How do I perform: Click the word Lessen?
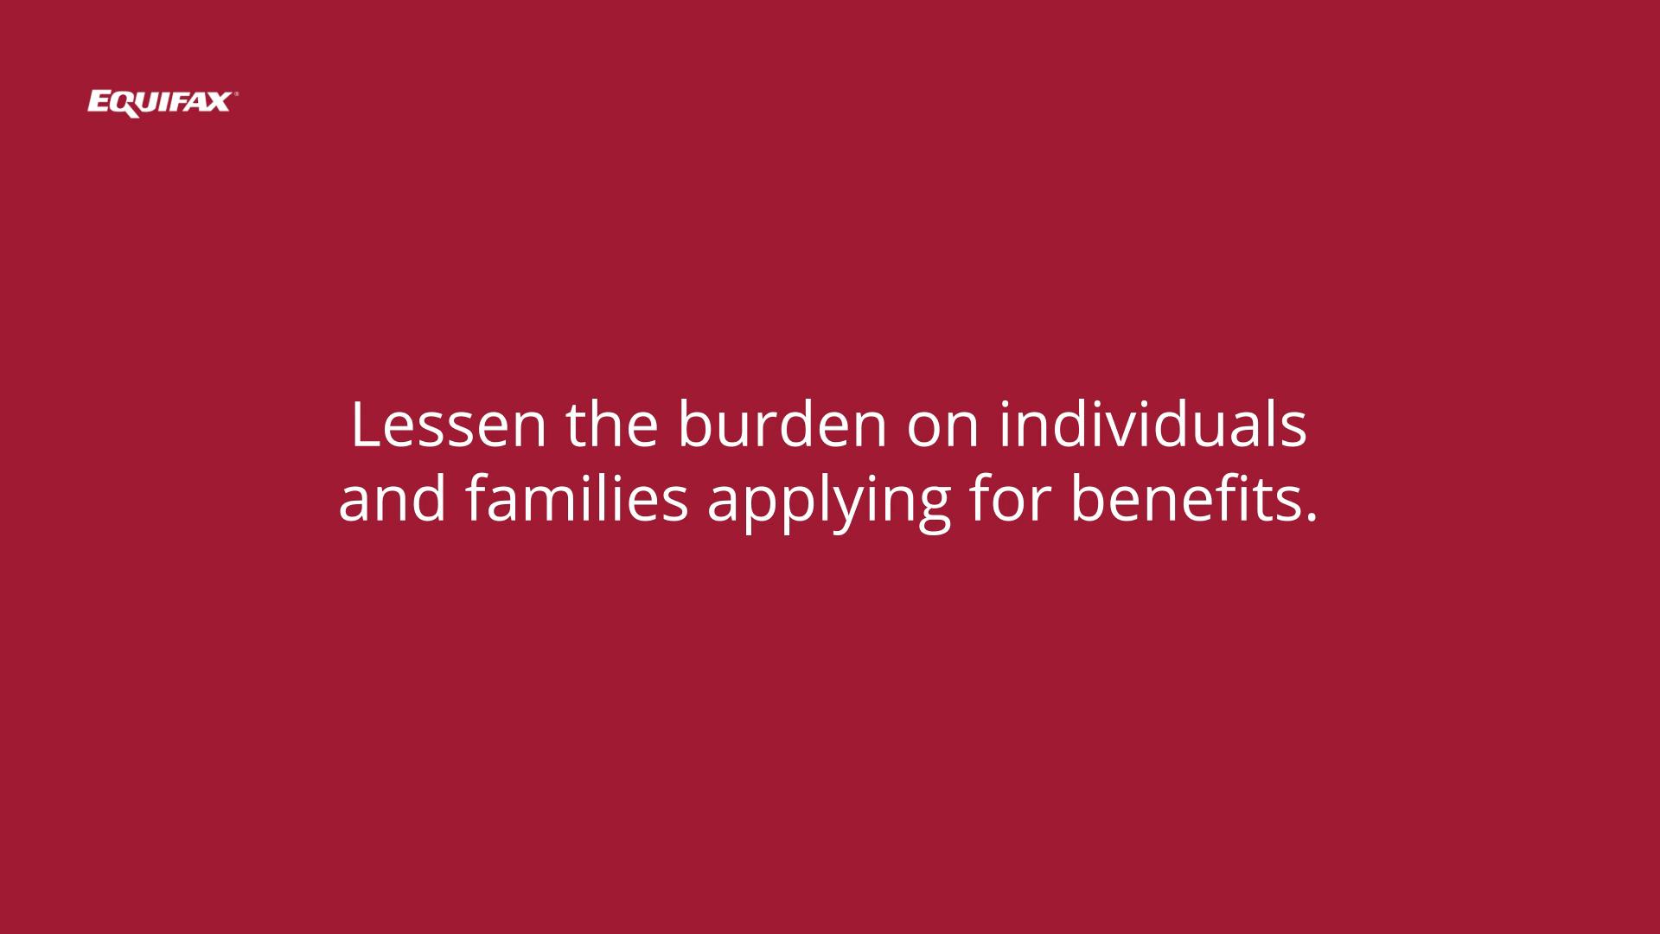pyautogui.click(x=449, y=425)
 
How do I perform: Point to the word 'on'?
pyautogui.click(x=943, y=430)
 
